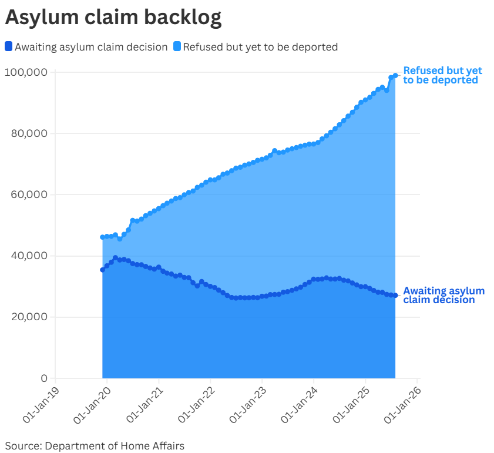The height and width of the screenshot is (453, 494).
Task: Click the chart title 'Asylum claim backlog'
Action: point(113,18)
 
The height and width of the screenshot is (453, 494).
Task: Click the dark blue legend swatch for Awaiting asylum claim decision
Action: point(8,46)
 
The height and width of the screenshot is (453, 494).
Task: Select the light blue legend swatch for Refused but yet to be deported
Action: point(176,46)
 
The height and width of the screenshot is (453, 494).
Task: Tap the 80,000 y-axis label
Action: point(29,133)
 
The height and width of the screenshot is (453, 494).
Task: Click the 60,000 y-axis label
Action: point(29,194)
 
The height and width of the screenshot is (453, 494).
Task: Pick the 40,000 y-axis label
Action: point(29,256)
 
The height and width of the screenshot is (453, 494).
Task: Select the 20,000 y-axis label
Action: point(29,317)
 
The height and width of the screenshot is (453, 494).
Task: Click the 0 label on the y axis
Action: point(43,378)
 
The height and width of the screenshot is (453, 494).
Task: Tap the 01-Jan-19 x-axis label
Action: point(41,404)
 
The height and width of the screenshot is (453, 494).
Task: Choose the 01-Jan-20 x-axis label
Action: point(92,404)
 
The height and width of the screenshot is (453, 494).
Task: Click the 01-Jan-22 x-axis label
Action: point(196,404)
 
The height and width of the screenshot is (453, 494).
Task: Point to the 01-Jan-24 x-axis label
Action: point(299,404)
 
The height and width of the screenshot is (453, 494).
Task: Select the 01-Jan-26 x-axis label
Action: point(402,404)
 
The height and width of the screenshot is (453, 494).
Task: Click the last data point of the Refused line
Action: point(395,75)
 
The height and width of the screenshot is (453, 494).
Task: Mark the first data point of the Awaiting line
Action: point(103,270)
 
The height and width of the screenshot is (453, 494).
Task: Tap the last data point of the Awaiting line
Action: point(395,295)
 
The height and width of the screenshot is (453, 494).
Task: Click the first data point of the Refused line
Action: point(103,237)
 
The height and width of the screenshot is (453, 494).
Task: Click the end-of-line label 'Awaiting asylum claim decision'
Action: point(443,295)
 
